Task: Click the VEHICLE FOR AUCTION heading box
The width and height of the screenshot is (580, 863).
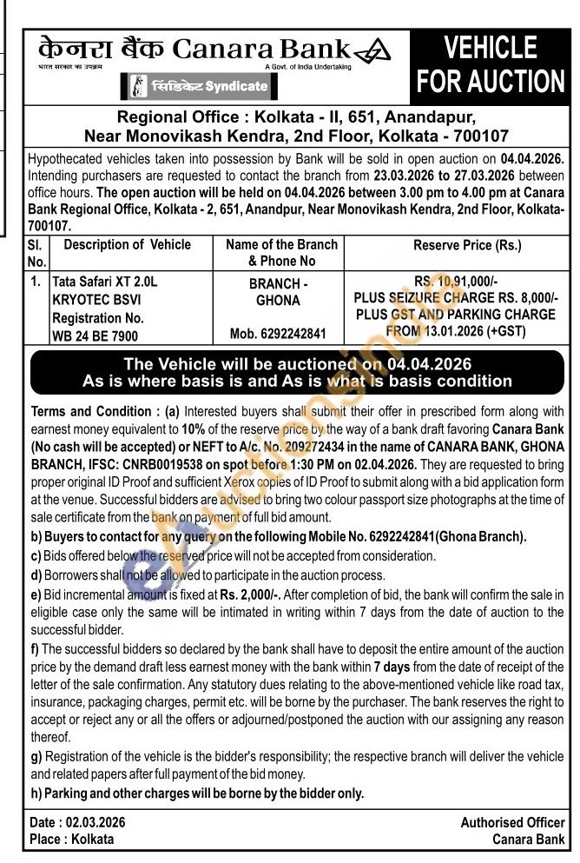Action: tap(491, 65)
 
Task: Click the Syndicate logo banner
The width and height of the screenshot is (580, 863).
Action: tap(200, 87)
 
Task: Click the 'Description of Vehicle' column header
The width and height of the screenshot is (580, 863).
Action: tap(127, 245)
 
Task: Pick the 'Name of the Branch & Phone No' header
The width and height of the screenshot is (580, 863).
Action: tap(280, 252)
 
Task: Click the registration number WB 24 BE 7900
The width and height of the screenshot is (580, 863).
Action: tap(95, 335)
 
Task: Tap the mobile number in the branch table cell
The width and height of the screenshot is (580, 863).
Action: tap(280, 334)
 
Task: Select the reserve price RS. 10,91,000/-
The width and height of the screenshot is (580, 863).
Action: tap(456, 282)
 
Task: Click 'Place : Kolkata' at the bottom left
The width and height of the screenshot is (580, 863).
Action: tap(72, 839)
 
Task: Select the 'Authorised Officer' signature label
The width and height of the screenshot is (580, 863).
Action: tap(512, 822)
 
